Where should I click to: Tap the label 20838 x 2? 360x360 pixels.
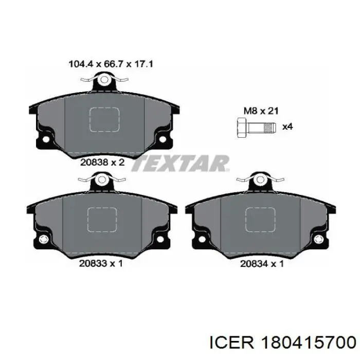[103, 161]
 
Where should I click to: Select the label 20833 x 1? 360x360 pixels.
[100, 263]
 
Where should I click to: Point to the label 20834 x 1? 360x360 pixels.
[261, 263]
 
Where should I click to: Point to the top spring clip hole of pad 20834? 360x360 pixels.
[261, 180]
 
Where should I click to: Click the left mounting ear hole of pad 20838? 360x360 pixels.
[45, 139]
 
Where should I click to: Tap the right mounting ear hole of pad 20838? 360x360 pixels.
[164, 139]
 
